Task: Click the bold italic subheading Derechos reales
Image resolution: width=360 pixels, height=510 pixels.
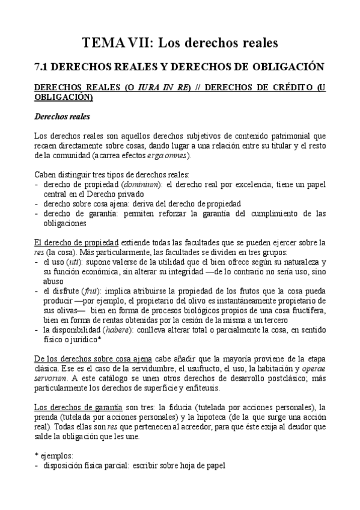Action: pos(63,116)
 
